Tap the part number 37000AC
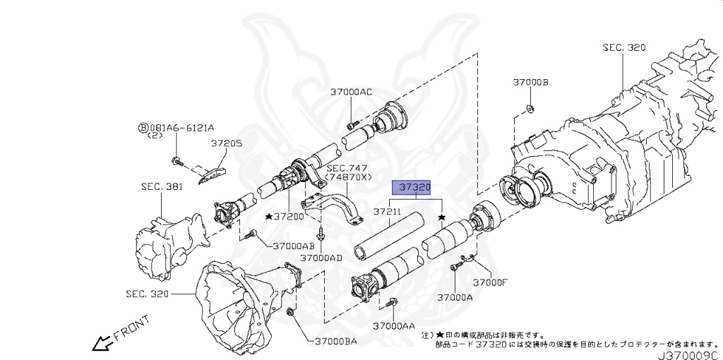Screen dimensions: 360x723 pyautogui.click(x=351, y=92)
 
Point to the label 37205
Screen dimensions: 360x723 pyautogui.click(x=226, y=143)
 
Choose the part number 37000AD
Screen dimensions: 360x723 pyautogui.click(x=321, y=258)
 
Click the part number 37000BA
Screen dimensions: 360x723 pyautogui.click(x=332, y=342)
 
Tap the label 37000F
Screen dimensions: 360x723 pyautogui.click(x=491, y=282)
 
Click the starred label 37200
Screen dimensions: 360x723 pyautogui.click(x=285, y=216)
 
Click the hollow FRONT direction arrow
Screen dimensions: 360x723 pyautogui.click(x=101, y=344)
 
